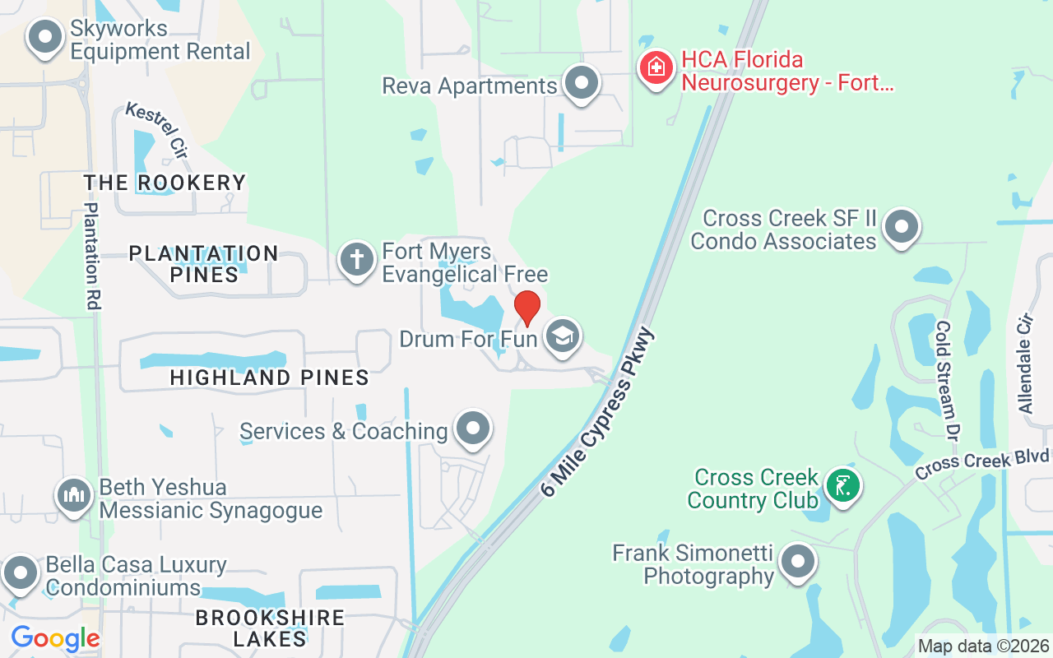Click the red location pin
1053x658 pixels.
tap(526, 308)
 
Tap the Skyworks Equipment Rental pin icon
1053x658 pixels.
tap(45, 37)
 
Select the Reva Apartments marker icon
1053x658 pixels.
tap(582, 83)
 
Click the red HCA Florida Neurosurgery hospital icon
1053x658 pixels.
tap(656, 68)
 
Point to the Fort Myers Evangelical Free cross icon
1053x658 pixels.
tap(356, 260)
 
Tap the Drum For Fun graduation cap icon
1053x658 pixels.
tap(563, 336)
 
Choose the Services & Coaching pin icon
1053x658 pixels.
tap(473, 429)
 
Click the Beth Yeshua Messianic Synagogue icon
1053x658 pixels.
tap(74, 495)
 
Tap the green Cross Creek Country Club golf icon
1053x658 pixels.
tap(842, 486)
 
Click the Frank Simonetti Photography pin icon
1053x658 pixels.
tap(796, 563)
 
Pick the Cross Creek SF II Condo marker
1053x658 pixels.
tap(902, 226)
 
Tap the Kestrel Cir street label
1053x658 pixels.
tap(156, 131)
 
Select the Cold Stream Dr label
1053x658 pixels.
tap(949, 378)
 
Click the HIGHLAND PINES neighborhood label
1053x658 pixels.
tap(269, 378)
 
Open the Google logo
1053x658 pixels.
tap(55, 637)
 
